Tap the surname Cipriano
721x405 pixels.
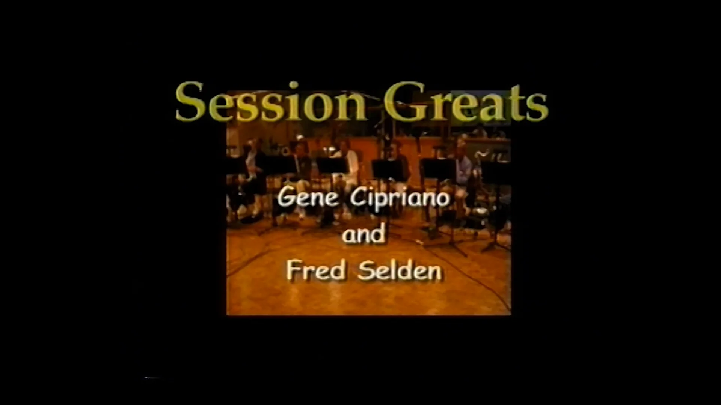click(x=400, y=198)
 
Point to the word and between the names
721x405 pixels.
click(x=363, y=234)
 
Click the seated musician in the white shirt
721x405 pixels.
click(x=351, y=165)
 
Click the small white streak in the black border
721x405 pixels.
click(x=152, y=377)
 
